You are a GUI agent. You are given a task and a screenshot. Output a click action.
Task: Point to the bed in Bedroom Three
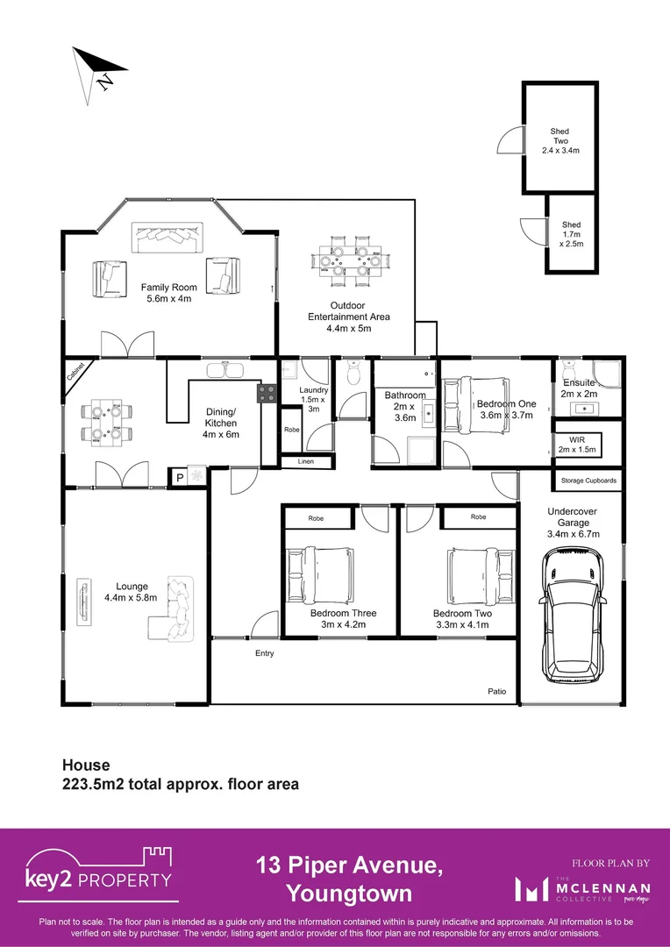click(320, 574)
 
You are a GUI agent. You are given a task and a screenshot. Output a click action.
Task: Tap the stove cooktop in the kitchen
click(267, 395)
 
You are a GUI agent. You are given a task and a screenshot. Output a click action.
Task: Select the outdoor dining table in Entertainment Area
click(349, 260)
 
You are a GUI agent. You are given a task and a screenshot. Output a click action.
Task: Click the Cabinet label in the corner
click(76, 372)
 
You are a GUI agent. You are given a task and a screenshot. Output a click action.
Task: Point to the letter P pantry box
click(181, 476)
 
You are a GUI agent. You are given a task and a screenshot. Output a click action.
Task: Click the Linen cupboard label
click(305, 461)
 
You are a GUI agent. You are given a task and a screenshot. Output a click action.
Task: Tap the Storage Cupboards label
click(588, 481)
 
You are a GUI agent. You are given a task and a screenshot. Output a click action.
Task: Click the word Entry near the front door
click(264, 653)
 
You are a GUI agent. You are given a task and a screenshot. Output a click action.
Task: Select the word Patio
click(496, 692)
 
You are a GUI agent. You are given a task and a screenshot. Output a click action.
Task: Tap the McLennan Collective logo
click(582, 888)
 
